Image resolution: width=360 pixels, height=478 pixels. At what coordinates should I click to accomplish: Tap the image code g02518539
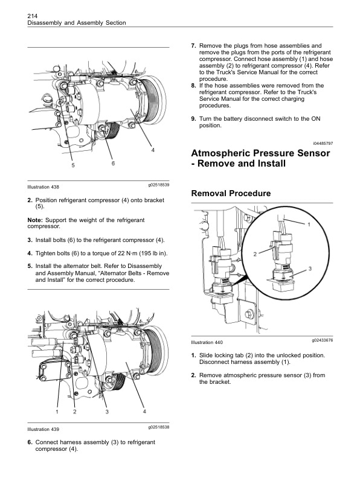(158, 185)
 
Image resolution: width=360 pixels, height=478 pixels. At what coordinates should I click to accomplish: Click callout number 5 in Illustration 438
(73, 165)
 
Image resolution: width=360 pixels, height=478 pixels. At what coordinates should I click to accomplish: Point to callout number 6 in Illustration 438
(113, 163)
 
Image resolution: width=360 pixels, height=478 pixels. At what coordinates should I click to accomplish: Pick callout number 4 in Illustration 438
(153, 150)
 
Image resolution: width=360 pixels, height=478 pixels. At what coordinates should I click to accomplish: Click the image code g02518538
(158, 427)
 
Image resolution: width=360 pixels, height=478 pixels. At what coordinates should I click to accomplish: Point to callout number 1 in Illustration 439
(57, 412)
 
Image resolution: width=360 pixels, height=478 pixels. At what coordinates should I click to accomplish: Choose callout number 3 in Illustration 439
(107, 412)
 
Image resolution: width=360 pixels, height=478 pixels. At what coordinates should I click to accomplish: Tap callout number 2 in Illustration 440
(255, 253)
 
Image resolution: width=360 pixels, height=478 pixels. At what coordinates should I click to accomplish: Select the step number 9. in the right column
(193, 119)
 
